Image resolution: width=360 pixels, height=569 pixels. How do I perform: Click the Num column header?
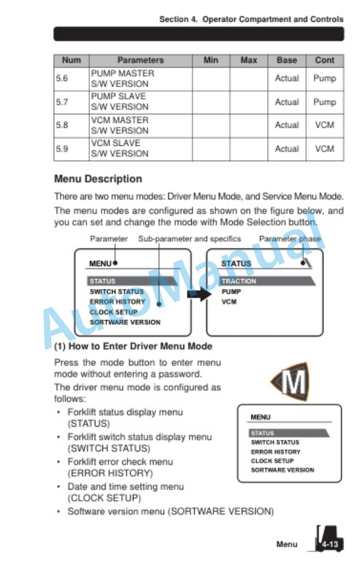pyautogui.click(x=71, y=60)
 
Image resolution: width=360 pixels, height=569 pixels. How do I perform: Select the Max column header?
pyautogui.click(x=248, y=60)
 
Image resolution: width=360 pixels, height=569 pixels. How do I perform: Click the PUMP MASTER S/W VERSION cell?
pyautogui.click(x=122, y=78)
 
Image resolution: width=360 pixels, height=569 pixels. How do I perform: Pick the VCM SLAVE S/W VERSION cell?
pyautogui.click(x=119, y=148)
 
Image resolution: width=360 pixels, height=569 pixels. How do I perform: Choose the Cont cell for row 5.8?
pyautogui.click(x=324, y=125)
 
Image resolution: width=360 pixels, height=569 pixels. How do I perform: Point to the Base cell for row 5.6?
pyautogui.click(x=286, y=78)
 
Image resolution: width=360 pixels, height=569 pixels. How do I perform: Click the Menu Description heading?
pyautogui.click(x=98, y=179)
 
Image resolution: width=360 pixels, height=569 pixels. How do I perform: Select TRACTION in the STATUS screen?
pyautogui.click(x=239, y=281)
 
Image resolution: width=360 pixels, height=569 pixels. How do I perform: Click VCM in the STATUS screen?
pyautogui.click(x=229, y=302)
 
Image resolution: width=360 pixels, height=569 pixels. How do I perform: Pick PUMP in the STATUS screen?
pyautogui.click(x=231, y=291)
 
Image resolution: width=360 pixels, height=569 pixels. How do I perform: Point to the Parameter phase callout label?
pyautogui.click(x=290, y=239)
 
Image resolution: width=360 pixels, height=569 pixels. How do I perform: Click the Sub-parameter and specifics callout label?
pyautogui.click(x=189, y=239)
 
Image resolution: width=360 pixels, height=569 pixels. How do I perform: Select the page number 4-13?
pyautogui.click(x=329, y=544)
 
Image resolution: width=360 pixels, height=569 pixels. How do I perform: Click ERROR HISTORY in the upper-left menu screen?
pyautogui.click(x=117, y=302)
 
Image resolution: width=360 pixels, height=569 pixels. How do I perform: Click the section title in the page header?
pyautogui.click(x=251, y=19)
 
